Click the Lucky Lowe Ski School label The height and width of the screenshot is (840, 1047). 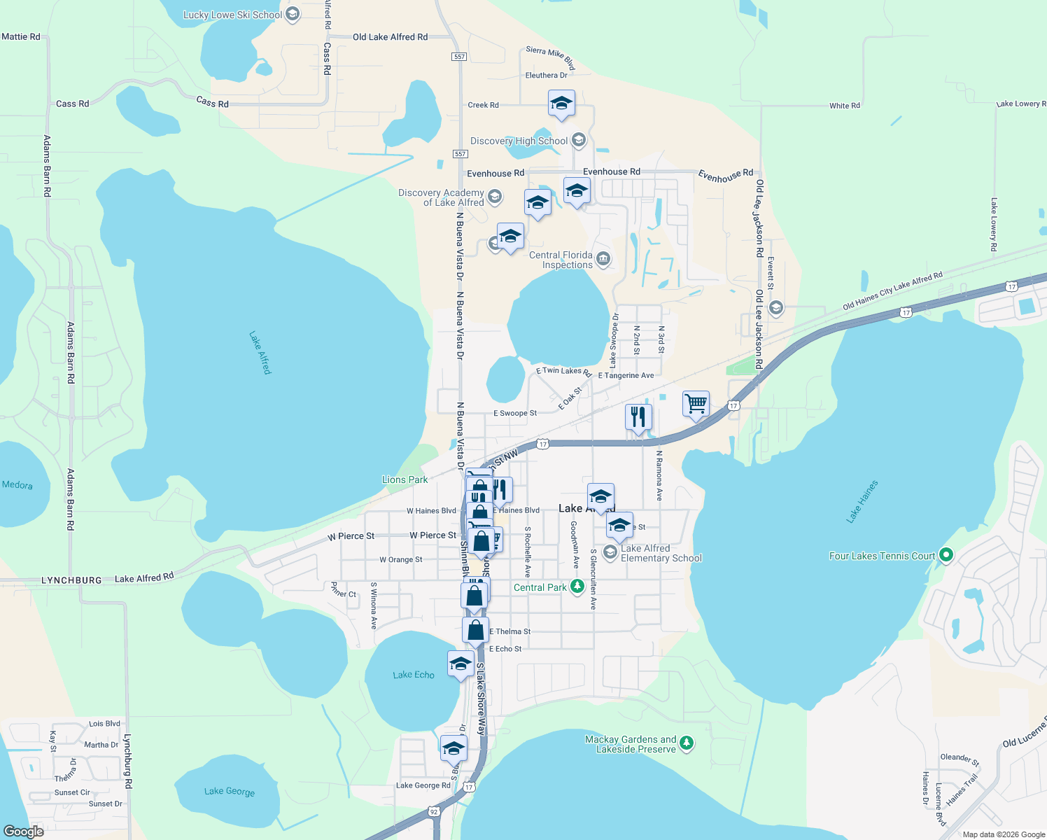(232, 15)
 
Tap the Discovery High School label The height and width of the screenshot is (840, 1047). (519, 141)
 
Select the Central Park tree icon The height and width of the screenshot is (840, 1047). (577, 587)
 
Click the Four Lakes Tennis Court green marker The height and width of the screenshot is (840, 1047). (946, 555)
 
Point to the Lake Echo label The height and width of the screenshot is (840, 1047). (414, 675)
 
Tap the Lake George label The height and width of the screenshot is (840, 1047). (230, 791)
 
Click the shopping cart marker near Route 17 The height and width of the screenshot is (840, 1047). (696, 404)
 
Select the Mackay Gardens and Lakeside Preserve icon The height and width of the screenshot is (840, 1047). (687, 743)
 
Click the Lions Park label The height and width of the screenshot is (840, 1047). (405, 479)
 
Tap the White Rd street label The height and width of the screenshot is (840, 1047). (845, 106)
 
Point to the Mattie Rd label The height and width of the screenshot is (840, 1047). (21, 36)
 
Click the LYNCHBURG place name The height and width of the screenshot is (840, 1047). (71, 580)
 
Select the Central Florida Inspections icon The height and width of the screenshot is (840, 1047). (603, 260)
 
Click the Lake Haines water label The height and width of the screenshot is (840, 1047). (862, 502)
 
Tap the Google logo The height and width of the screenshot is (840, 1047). (24, 831)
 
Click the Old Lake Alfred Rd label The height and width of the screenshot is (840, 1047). (390, 37)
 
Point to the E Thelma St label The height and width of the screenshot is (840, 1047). (510, 631)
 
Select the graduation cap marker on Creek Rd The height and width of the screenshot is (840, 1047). (561, 104)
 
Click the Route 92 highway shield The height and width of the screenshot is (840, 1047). (434, 811)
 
